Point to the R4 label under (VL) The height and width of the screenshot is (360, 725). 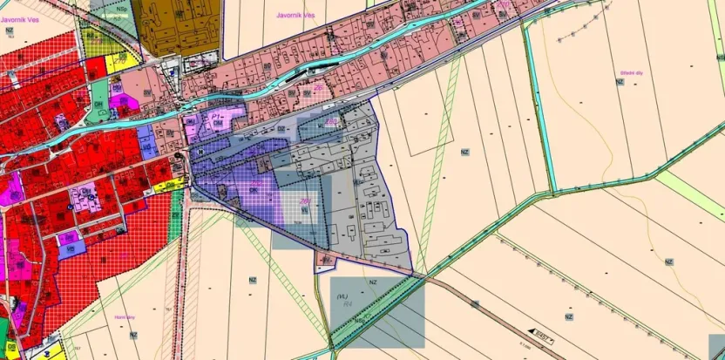347,304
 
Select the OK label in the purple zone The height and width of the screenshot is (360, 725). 254,189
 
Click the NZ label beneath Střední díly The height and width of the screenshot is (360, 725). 620,82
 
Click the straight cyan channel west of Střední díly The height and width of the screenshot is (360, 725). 538,105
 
